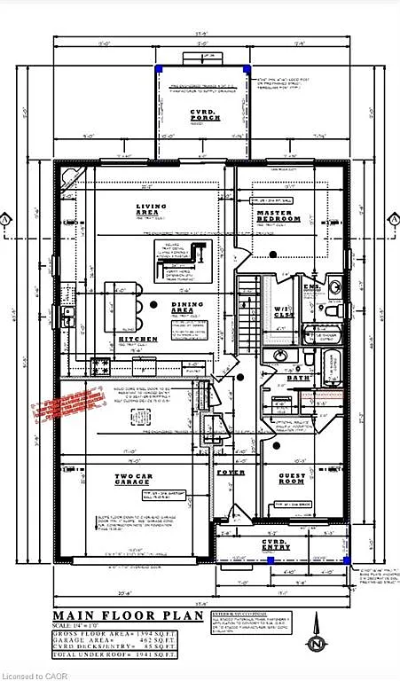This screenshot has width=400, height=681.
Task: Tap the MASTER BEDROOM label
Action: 278,215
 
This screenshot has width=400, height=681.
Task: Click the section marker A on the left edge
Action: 7,218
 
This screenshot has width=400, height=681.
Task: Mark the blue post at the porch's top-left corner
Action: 160,69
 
